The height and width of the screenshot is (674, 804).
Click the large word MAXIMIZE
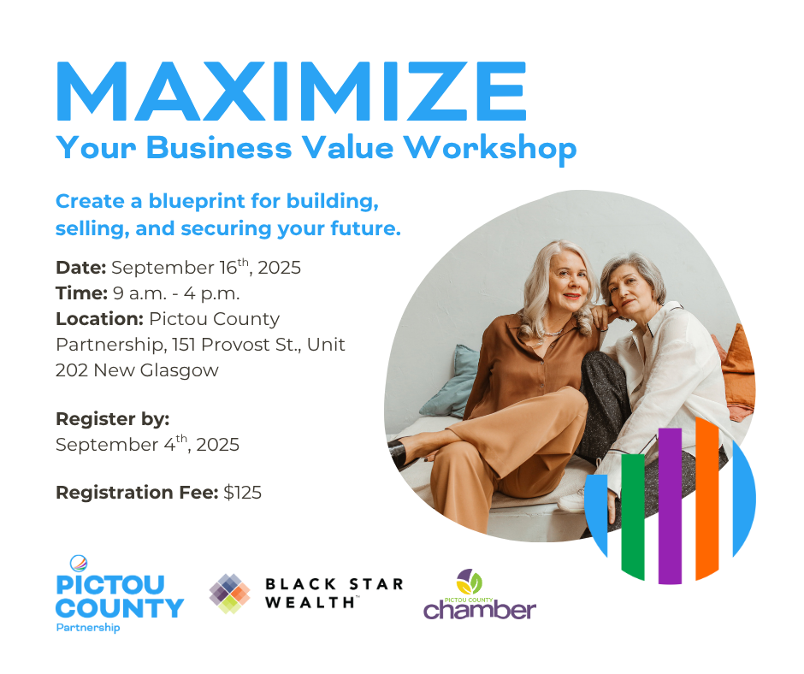click(292, 92)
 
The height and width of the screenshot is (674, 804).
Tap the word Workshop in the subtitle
click(490, 149)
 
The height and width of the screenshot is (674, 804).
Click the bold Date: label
click(81, 268)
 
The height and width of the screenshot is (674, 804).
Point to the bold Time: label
click(81, 293)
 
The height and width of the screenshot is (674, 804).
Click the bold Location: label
click(99, 319)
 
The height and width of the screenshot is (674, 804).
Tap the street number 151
click(181, 345)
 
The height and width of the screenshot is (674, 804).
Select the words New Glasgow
click(157, 370)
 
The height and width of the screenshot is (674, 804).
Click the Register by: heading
click(112, 419)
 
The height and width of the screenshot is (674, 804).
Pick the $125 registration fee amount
click(243, 493)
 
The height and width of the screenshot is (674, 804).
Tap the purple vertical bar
click(670, 505)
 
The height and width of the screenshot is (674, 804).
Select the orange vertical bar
click(707, 499)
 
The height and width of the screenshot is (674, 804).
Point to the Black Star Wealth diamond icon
click(230, 594)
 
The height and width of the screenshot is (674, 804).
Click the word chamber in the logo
click(480, 611)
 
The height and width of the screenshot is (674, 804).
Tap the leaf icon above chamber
click(470, 582)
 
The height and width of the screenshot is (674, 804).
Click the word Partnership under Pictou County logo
click(88, 628)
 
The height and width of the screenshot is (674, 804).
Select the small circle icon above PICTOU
click(79, 563)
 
